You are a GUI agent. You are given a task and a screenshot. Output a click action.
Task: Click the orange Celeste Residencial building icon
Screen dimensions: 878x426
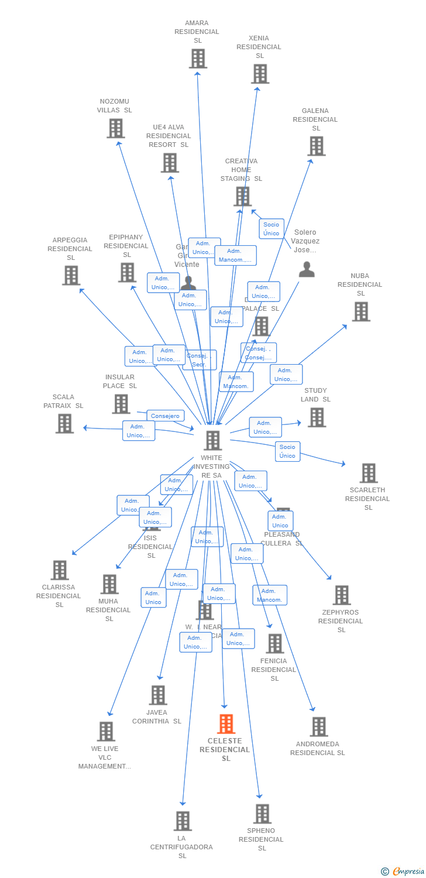click(x=226, y=724)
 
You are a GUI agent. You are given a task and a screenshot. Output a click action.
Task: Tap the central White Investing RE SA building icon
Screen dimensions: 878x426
click(x=212, y=440)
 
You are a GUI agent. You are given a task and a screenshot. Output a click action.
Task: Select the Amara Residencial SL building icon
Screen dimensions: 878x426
click(x=198, y=59)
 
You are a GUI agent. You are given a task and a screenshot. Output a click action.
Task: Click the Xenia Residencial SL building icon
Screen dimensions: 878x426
click(x=260, y=74)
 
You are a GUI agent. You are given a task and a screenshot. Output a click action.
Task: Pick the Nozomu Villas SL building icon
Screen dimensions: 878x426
click(x=115, y=128)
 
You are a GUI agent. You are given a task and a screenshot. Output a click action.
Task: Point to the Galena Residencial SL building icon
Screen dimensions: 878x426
click(x=316, y=146)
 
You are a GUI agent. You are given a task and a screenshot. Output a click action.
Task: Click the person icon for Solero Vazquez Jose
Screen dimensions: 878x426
click(x=307, y=270)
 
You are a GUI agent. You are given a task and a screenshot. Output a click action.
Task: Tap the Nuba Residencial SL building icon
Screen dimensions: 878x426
click(x=360, y=311)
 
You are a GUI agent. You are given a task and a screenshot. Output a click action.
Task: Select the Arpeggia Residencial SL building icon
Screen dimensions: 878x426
click(x=71, y=275)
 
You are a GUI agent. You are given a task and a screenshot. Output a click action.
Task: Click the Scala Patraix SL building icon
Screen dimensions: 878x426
click(x=64, y=423)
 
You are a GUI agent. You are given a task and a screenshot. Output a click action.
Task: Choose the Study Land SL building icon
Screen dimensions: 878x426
click(x=317, y=417)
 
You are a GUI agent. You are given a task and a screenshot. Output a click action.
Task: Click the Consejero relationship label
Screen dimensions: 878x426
click(x=165, y=416)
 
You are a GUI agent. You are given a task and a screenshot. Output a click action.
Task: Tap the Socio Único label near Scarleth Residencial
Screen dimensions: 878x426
click(x=287, y=451)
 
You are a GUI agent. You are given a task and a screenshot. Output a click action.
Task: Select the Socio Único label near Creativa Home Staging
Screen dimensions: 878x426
click(x=272, y=229)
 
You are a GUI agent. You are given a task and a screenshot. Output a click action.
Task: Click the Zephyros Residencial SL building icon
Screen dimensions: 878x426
click(x=341, y=595)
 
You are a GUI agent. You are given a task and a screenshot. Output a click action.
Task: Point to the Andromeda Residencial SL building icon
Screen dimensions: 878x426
click(x=318, y=726)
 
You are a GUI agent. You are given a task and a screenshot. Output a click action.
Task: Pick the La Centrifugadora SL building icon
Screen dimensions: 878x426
click(x=183, y=821)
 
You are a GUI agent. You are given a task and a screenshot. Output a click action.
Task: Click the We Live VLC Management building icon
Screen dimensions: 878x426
click(x=106, y=731)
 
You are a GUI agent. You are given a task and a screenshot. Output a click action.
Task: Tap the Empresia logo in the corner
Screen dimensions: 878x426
click(x=403, y=872)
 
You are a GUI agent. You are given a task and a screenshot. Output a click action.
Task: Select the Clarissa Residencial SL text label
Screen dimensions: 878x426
click(x=59, y=596)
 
